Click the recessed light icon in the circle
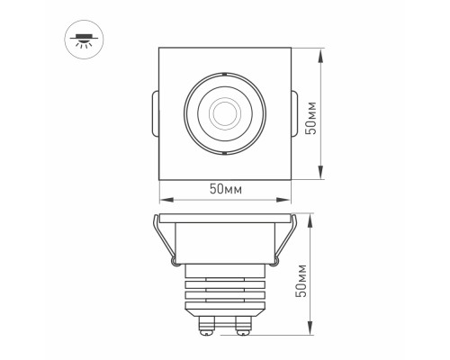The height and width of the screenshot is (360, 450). [x=83, y=39]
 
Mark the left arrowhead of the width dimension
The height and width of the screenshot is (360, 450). [x=163, y=200]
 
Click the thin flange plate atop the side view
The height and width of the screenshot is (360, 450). [x=225, y=218]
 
